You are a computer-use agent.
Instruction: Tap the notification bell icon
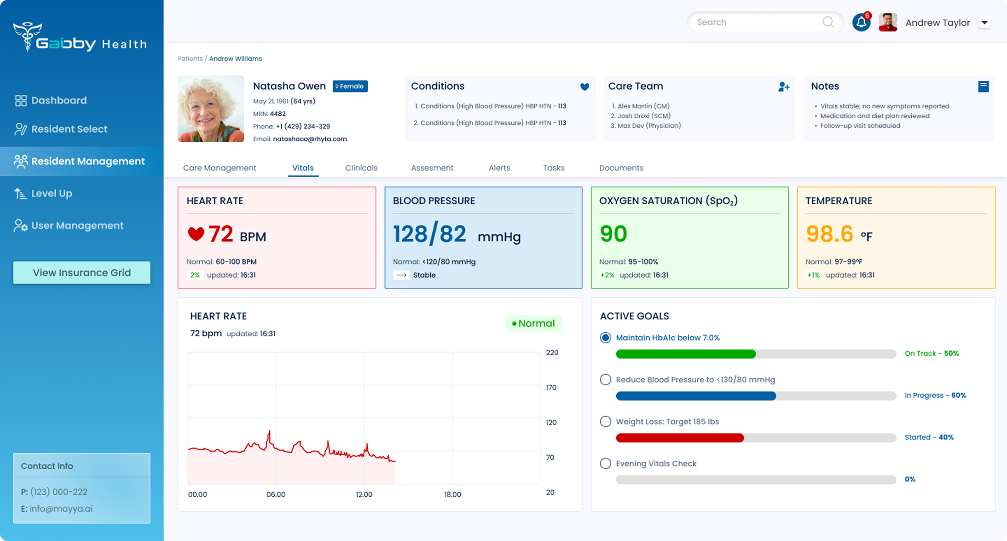tap(861, 23)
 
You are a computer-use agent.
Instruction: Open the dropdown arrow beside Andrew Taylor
tap(984, 23)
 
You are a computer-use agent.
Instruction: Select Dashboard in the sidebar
tap(51, 100)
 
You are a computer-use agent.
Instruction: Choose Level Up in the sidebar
tap(43, 193)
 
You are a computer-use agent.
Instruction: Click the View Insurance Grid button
tap(82, 272)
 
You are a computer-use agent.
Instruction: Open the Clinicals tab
tap(361, 168)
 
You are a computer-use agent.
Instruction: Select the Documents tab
tap(621, 168)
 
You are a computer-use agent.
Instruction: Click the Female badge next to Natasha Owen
tap(350, 86)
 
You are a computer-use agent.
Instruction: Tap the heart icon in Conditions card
tap(585, 86)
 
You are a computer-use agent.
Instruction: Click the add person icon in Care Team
tap(784, 86)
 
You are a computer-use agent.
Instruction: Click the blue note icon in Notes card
tap(984, 86)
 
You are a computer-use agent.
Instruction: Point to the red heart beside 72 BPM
tap(196, 234)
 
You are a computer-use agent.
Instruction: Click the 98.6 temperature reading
tap(830, 234)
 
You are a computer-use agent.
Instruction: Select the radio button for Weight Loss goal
tap(606, 421)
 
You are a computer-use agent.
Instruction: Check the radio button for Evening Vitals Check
tap(606, 463)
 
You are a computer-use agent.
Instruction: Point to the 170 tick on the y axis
tap(551, 387)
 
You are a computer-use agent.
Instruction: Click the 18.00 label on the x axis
tap(452, 494)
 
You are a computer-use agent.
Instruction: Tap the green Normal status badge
tap(534, 323)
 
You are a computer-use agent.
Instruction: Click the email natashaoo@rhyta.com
tap(310, 139)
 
